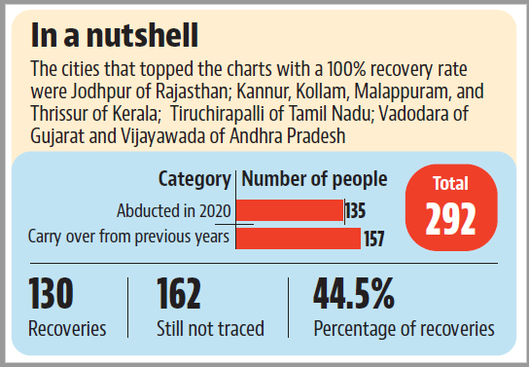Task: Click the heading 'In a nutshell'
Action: pos(115,36)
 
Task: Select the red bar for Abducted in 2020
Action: pos(290,210)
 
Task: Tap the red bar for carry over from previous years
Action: pos(299,239)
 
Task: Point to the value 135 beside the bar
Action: pos(356,211)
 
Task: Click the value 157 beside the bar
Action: pos(374,239)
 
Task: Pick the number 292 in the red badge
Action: pos(451,219)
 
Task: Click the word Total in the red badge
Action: pos(451,183)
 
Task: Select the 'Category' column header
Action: pos(194,179)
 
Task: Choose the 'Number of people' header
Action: pos(314,179)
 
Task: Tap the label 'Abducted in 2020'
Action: pos(174,211)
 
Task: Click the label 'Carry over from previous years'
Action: pos(128,237)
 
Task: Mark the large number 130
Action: pos(51,294)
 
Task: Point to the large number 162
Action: pos(179,294)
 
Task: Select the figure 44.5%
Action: pos(354,293)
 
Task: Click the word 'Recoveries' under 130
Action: pos(67,328)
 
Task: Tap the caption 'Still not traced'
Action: pos(210,328)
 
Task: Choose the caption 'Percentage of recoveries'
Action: pos(405,329)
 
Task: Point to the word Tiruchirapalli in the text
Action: pos(217,114)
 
